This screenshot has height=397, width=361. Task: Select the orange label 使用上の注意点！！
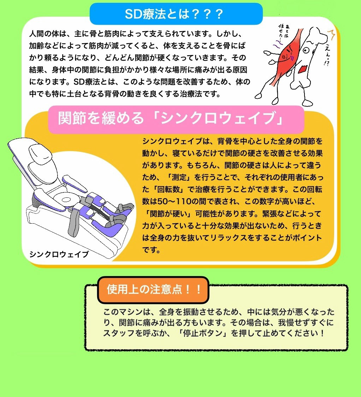click(153, 290)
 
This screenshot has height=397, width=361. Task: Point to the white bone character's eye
click(306, 50)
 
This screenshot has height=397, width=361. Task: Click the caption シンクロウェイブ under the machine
click(59, 254)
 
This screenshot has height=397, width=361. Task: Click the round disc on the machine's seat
click(66, 200)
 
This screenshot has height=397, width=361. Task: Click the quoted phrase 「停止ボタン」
click(203, 333)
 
